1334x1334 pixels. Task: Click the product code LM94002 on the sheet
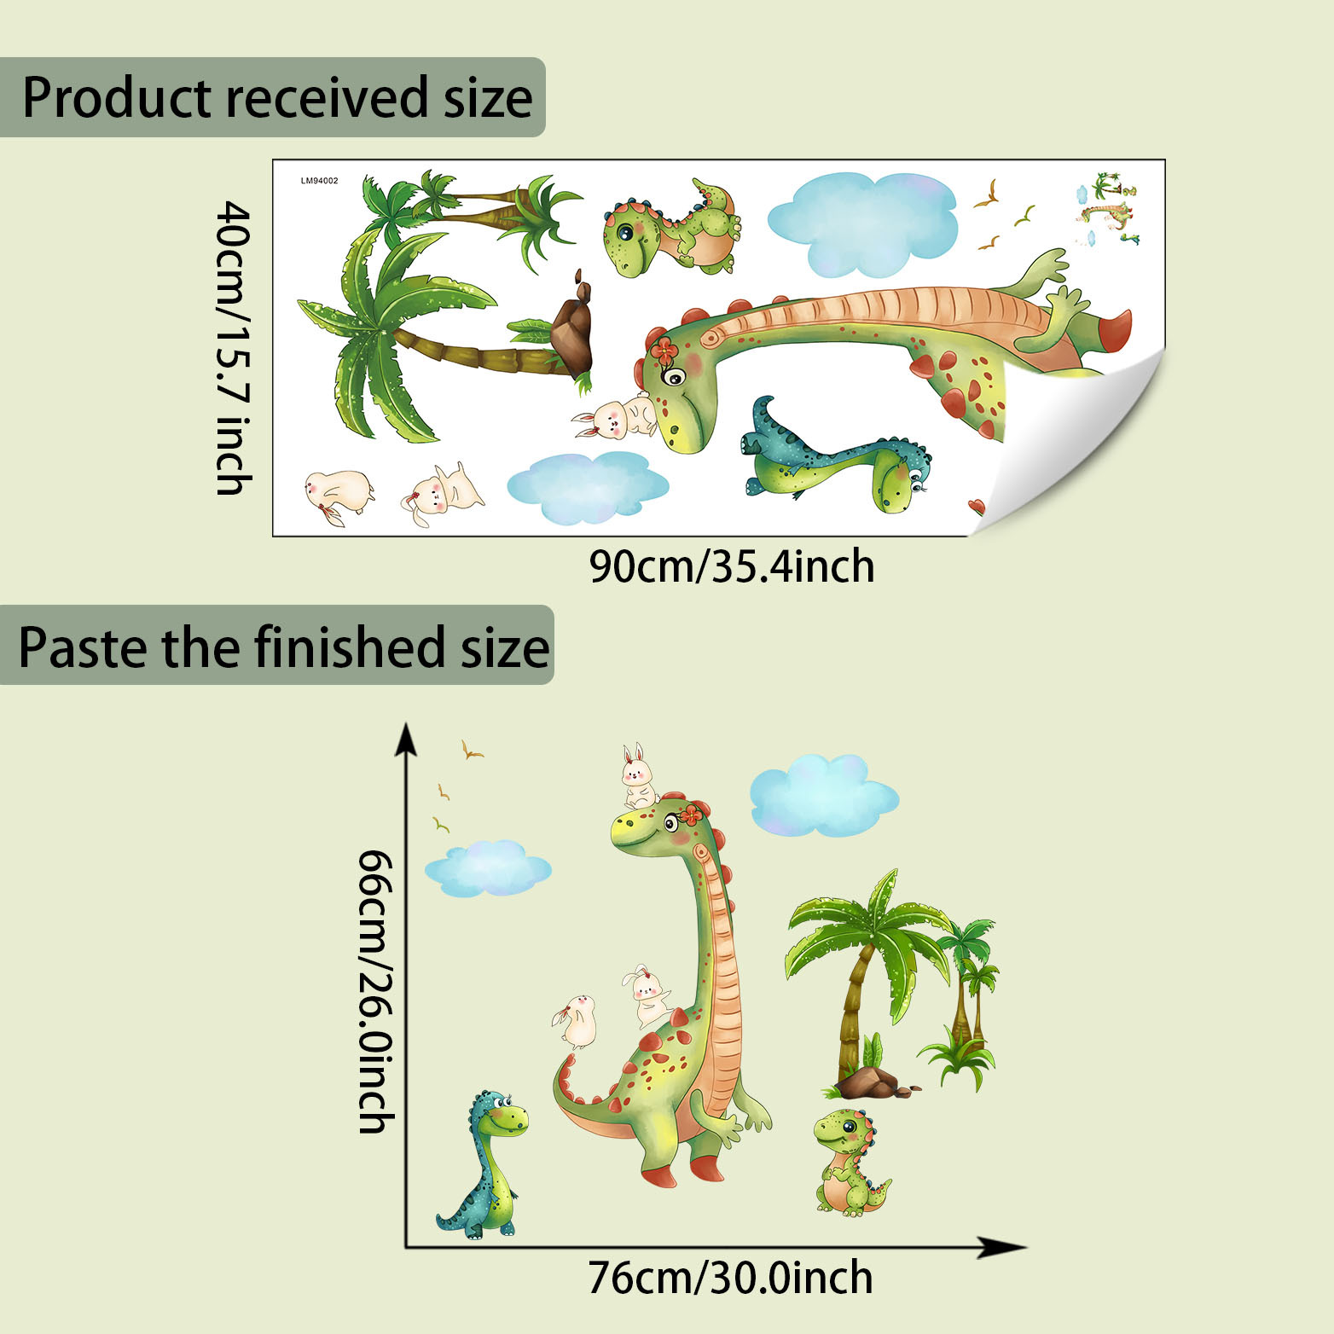[x=319, y=181]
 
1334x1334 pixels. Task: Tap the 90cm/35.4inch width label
[x=732, y=567]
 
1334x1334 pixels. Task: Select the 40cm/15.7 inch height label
[x=232, y=347]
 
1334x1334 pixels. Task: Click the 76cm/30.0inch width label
[x=731, y=1279]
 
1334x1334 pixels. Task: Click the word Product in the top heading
[x=116, y=97]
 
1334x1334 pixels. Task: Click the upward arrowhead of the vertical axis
[x=406, y=739]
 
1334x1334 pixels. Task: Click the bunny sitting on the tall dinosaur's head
[x=636, y=776]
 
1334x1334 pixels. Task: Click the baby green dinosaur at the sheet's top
[x=670, y=229]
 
